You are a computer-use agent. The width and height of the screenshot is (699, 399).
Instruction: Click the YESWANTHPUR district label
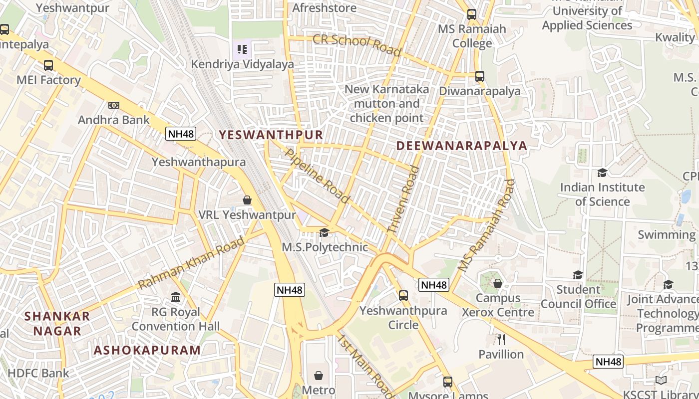click(x=271, y=135)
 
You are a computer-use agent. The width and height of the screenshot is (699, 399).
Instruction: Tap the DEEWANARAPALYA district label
click(x=462, y=146)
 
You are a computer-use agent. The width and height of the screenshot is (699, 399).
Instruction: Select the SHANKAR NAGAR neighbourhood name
click(x=57, y=323)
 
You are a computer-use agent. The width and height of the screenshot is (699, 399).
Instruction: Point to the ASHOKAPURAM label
click(x=147, y=350)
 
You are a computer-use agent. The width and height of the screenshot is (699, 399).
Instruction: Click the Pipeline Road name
click(x=317, y=175)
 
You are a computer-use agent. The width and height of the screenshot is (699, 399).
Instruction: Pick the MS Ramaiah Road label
click(x=486, y=225)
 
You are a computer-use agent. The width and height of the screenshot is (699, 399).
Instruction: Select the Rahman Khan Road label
click(x=191, y=262)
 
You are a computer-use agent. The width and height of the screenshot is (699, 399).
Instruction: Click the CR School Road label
click(x=356, y=45)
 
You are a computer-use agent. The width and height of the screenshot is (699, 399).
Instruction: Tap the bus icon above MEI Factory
click(x=48, y=65)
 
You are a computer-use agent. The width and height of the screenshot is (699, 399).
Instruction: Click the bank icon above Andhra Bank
click(x=114, y=105)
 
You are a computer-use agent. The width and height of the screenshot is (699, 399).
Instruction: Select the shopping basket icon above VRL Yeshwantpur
click(x=247, y=200)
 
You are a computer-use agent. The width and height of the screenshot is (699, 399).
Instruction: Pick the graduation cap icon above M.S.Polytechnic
click(x=324, y=233)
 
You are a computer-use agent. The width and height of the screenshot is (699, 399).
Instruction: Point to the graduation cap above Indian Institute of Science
click(x=602, y=173)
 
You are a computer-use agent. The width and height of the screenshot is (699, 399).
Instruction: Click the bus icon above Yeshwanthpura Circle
click(x=403, y=296)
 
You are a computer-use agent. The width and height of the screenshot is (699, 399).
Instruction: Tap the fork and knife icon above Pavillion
click(x=501, y=340)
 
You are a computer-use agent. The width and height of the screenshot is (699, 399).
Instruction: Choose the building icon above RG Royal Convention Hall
click(x=176, y=297)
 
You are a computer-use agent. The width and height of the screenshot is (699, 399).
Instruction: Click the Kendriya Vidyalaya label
click(x=243, y=64)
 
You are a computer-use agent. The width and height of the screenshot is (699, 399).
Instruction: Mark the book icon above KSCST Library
click(x=661, y=381)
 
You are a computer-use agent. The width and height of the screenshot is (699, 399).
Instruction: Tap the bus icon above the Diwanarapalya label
click(x=480, y=76)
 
